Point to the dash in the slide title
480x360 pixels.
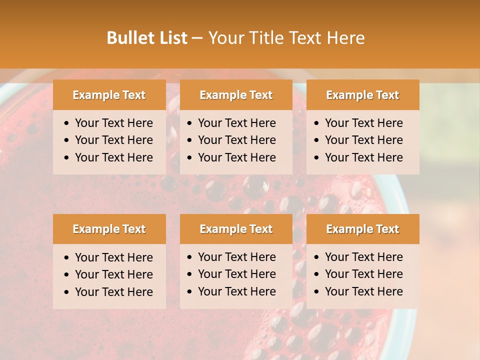(x=197, y=38)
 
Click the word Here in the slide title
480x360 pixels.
(x=345, y=38)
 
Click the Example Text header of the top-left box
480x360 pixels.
(x=109, y=95)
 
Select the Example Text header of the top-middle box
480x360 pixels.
(x=236, y=95)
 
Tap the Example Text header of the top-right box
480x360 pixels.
(x=362, y=95)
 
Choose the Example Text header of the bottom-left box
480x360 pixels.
(x=109, y=229)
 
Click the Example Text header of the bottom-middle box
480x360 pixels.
(x=236, y=229)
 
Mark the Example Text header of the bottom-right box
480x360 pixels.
(x=362, y=229)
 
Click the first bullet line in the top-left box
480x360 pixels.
(x=114, y=123)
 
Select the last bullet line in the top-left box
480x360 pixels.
(x=114, y=157)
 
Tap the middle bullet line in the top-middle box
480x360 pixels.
(x=237, y=140)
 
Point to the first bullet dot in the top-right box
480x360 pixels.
(x=316, y=123)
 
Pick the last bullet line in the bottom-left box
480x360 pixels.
(x=114, y=292)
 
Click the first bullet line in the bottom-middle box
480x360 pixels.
(x=237, y=257)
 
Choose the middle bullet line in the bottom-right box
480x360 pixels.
(x=364, y=274)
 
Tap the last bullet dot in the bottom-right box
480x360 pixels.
(x=316, y=292)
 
